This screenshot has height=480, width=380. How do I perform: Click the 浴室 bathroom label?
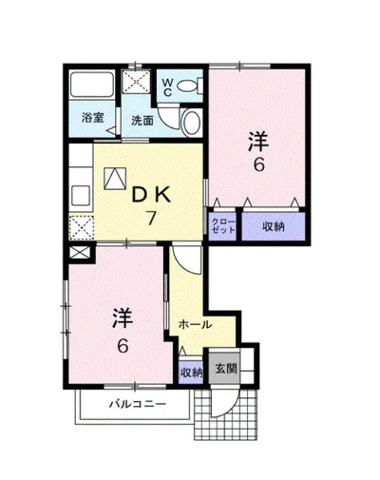[x=92, y=118]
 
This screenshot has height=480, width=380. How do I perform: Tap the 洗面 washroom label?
[x=142, y=121]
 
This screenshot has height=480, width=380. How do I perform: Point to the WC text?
[x=167, y=87]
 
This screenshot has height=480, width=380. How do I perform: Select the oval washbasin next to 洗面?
[x=191, y=123]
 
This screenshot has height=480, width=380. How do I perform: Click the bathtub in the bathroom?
[x=92, y=85]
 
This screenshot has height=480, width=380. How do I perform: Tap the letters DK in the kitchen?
[x=151, y=196]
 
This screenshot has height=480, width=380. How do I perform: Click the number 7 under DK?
[x=151, y=218]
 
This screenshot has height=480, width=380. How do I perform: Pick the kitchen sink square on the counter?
[x=81, y=196]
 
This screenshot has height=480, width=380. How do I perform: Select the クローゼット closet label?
[x=223, y=226]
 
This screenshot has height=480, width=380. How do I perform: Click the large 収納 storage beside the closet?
[x=274, y=226]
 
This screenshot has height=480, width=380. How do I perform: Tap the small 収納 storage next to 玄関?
[x=191, y=373]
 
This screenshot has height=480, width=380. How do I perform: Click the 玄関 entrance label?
[x=226, y=369]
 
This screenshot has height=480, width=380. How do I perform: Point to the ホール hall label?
[x=195, y=324]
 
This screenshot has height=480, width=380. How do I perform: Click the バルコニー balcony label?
[x=138, y=404]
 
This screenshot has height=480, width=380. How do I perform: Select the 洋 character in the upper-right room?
[x=258, y=142]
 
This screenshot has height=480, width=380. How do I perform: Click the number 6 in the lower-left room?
[x=123, y=346]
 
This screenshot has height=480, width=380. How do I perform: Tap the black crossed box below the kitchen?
[x=80, y=253]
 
